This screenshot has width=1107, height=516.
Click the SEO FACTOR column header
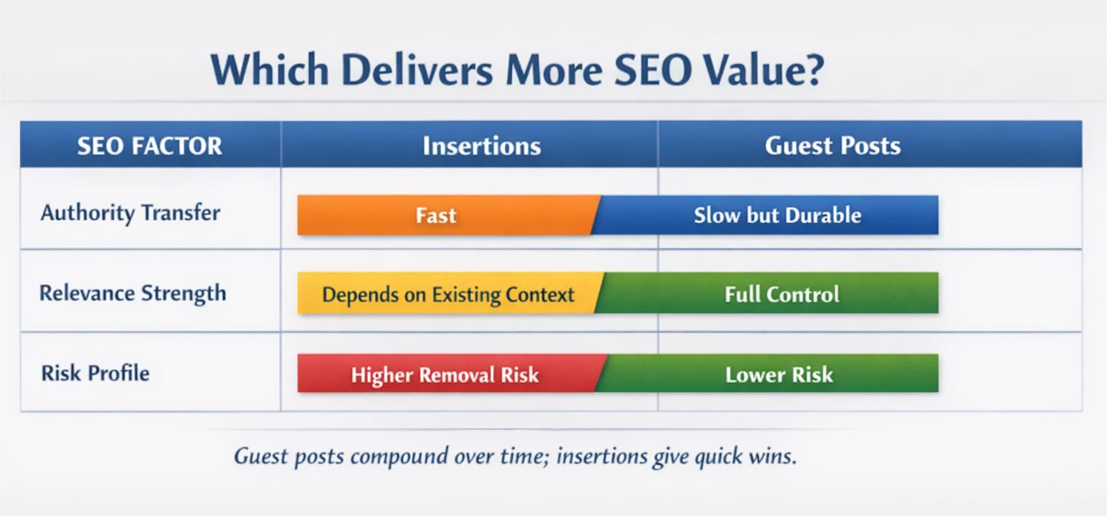pyautogui.click(x=149, y=146)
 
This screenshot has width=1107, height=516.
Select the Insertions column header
pyautogui.click(x=481, y=146)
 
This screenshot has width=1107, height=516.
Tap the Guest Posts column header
pyautogui.click(x=832, y=146)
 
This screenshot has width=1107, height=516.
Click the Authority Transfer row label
pyautogui.click(x=130, y=213)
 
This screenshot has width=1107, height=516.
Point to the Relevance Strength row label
pyautogui.click(x=132, y=293)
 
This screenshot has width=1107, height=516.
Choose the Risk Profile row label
pyautogui.click(x=95, y=372)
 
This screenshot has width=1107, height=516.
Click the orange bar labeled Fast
pyautogui.click(x=436, y=215)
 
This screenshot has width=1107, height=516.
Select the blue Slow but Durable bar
pyautogui.click(x=777, y=215)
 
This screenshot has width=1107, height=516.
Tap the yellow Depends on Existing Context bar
pyautogui.click(x=448, y=294)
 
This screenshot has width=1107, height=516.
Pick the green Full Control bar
pyautogui.click(x=781, y=294)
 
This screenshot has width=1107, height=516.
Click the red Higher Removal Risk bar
pyautogui.click(x=445, y=374)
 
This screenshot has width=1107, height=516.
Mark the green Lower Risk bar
pyautogui.click(x=779, y=374)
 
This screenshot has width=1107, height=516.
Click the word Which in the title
pyautogui.click(x=270, y=71)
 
